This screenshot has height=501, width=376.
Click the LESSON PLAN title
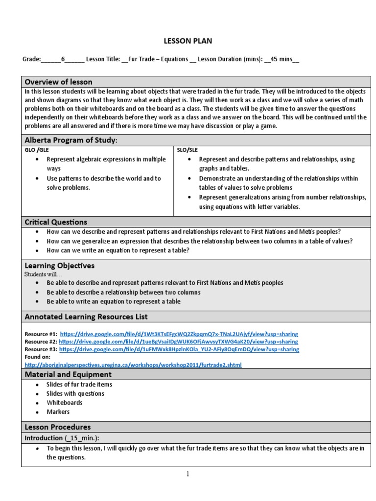pos(188,41)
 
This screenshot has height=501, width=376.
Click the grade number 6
pos(63,59)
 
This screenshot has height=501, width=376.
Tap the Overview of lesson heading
pos(58,82)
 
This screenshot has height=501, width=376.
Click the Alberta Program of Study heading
pos(71,140)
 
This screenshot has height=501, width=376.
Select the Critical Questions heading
pos(56,222)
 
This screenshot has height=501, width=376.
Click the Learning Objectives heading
pos(60,266)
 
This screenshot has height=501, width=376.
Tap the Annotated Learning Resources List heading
pos(86,317)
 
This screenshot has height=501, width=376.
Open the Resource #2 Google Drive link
pos(178,342)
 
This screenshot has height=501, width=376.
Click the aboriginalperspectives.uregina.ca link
pos(133,365)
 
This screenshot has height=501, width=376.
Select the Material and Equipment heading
pos(68,374)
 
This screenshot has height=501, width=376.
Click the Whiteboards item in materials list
pos(65,403)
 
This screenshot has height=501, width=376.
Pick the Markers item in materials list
pos(58,412)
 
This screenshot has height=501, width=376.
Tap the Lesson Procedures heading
pos(58,427)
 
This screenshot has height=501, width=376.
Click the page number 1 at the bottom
pos(188,474)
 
